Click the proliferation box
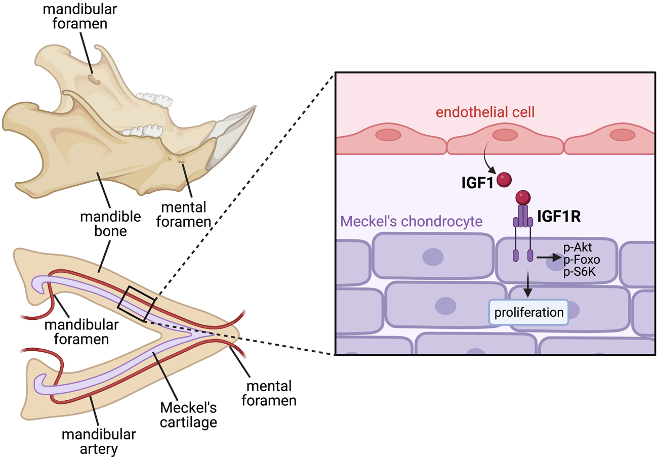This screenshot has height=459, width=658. [528, 312]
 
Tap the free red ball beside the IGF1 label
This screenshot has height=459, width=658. [504, 180]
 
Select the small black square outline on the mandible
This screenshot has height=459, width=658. [138, 304]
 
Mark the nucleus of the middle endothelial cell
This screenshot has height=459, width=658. [505, 135]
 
